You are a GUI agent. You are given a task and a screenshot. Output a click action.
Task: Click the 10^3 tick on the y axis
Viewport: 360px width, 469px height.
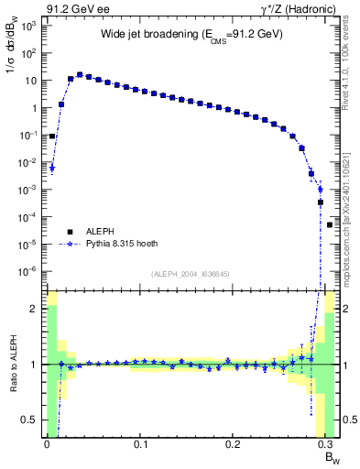coord(30,26)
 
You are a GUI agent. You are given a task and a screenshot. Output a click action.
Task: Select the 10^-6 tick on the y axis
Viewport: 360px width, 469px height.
coord(30,271)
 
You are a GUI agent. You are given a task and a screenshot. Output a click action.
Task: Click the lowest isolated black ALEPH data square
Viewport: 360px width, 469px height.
coord(330,224)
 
